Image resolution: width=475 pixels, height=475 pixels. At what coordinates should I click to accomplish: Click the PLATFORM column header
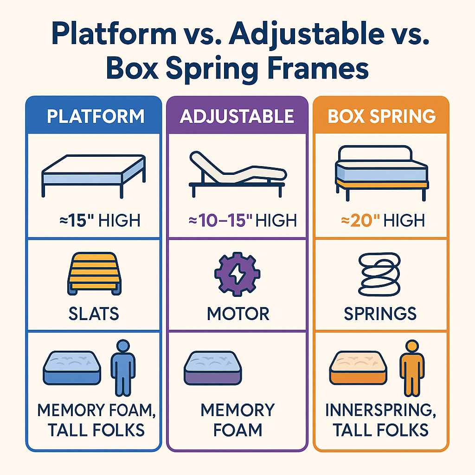coord(95,116)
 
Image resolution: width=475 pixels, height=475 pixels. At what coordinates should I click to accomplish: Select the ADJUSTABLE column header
coord(237,116)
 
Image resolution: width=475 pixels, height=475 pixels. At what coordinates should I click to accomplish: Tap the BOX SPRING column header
coord(382,116)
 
